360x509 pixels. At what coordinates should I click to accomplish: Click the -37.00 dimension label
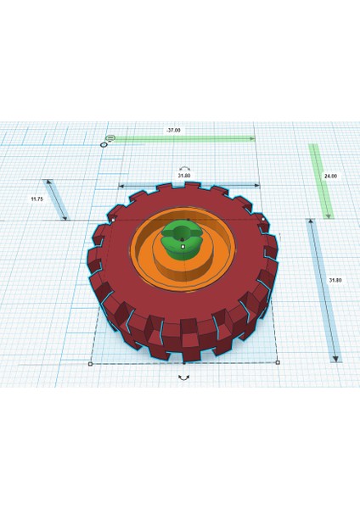[x=173, y=130]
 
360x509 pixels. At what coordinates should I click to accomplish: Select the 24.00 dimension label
[x=330, y=176]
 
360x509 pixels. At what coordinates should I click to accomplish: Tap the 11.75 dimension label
[x=37, y=199]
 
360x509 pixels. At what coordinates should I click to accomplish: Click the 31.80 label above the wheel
[x=184, y=176]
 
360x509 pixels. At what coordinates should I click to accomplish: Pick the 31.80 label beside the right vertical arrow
[x=335, y=280]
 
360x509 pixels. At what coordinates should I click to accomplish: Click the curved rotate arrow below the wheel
[x=184, y=378]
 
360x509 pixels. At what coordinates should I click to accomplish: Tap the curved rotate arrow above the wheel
[x=184, y=169]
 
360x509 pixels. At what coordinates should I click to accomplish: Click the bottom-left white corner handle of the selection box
[x=90, y=364]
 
